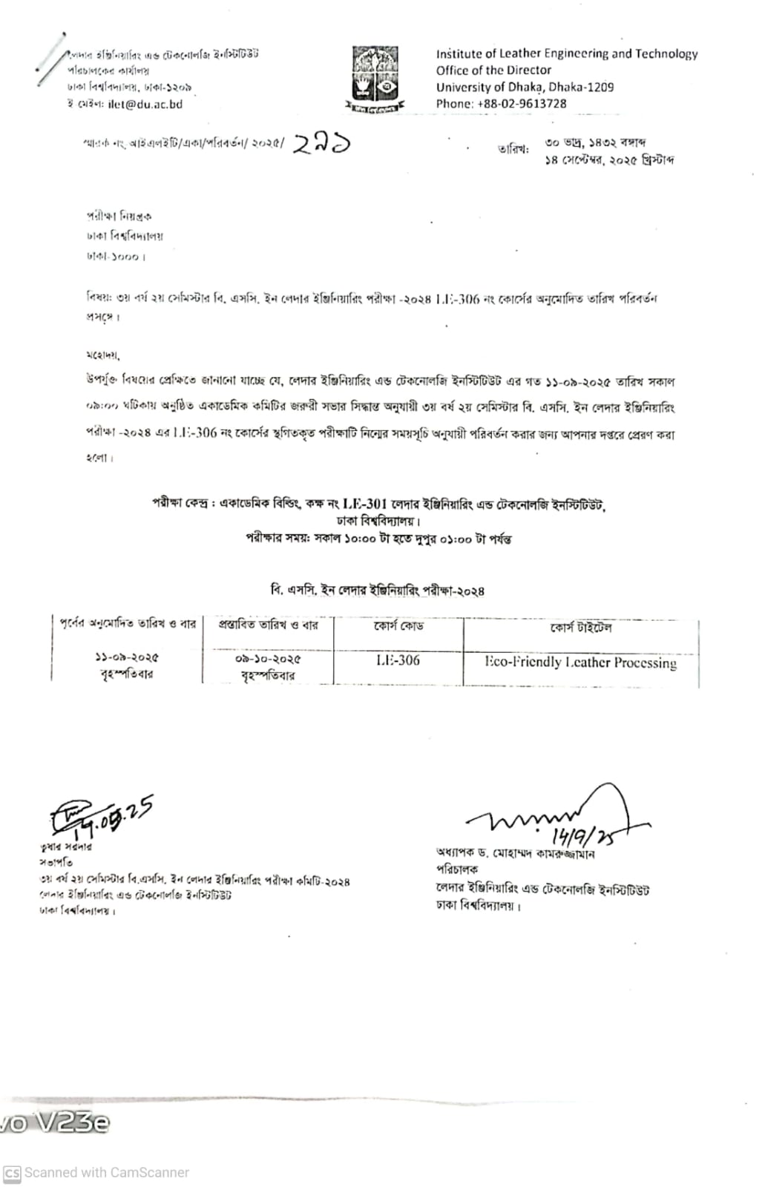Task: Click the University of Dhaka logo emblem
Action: click(x=375, y=78)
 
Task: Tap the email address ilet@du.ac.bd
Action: click(x=145, y=105)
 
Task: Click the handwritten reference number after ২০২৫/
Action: click(x=321, y=143)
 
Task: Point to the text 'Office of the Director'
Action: click(x=493, y=70)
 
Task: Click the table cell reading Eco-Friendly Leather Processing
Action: click(x=580, y=662)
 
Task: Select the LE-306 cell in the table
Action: click(x=398, y=660)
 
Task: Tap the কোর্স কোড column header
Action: click(x=398, y=627)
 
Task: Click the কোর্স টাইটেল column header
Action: click(x=580, y=628)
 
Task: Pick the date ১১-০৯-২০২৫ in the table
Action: click(x=127, y=657)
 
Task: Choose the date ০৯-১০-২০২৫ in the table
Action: click(x=268, y=659)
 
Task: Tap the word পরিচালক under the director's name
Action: click(x=457, y=869)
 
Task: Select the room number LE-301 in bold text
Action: click(x=364, y=504)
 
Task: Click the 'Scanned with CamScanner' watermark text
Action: click(x=107, y=1173)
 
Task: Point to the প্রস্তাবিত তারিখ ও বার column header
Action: click(x=268, y=625)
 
